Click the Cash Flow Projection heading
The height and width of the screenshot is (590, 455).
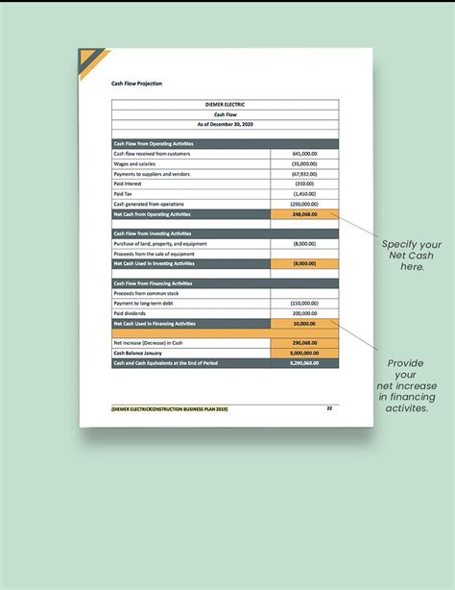click(x=136, y=84)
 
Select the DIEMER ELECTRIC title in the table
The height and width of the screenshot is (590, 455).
click(x=226, y=103)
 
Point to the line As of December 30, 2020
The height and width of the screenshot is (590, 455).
click(x=226, y=124)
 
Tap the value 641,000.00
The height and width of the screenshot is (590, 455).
click(x=304, y=154)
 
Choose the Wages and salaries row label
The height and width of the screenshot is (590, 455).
click(x=135, y=163)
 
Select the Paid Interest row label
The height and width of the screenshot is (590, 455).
click(x=128, y=184)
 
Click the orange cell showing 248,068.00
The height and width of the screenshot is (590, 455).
click(x=305, y=213)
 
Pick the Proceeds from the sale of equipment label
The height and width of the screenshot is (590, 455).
click(x=154, y=254)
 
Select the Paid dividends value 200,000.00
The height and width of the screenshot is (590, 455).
click(x=304, y=313)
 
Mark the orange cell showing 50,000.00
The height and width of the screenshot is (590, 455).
click(x=305, y=324)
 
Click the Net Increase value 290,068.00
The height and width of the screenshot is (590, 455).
click(x=305, y=343)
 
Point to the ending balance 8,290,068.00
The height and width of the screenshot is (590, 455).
click(x=304, y=362)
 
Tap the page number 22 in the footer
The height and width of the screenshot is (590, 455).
click(x=329, y=408)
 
